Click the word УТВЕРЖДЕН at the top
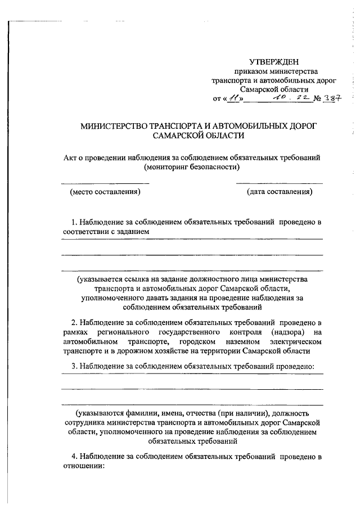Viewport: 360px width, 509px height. tap(274, 62)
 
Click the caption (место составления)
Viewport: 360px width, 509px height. tap(105, 192)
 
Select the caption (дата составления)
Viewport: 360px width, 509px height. tap(280, 192)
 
